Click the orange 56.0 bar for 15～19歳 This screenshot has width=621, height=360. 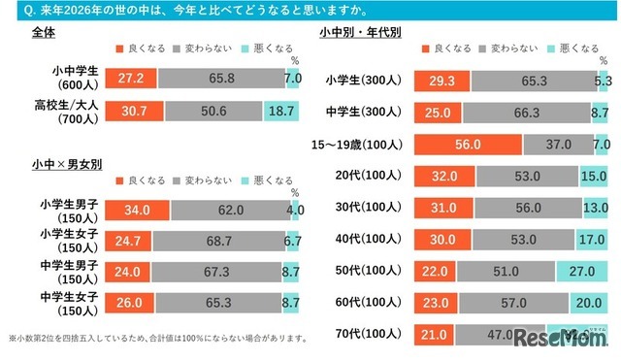469,144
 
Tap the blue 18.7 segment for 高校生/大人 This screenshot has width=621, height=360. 280,113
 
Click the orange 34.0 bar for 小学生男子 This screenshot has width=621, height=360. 137,209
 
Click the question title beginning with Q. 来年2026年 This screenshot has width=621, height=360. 194,11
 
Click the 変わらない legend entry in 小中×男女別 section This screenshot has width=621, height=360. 204,180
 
